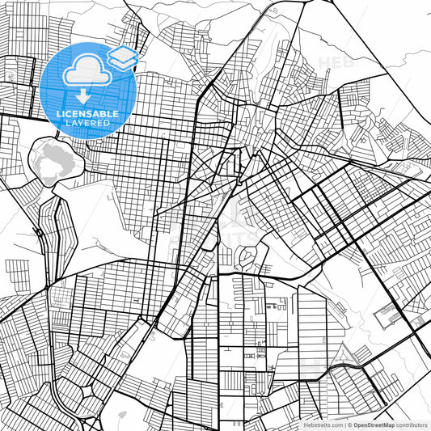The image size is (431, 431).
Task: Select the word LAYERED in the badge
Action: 87,123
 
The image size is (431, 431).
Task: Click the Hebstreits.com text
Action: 323,425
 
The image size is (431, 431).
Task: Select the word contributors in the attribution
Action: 411,425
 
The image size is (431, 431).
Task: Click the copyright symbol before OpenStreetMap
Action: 350,425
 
